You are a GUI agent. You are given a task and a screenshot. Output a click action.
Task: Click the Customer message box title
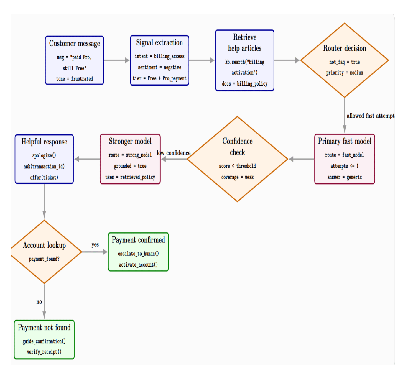[x=75, y=44]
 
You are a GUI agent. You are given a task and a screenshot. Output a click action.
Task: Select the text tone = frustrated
[x=75, y=79]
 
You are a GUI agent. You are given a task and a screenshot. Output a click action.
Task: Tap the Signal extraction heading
[x=159, y=43]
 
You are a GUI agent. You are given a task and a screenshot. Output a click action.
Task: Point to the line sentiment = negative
[x=159, y=67]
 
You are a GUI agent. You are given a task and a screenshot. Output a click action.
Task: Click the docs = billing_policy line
[x=245, y=84]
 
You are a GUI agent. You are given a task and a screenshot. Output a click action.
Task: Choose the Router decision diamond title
[x=345, y=48]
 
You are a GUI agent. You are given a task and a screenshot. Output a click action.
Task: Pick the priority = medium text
[x=345, y=73]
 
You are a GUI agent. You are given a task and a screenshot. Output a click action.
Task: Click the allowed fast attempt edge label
[x=371, y=116]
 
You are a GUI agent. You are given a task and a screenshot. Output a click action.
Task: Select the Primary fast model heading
[x=345, y=141]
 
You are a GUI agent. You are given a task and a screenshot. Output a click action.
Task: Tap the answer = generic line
[x=345, y=177]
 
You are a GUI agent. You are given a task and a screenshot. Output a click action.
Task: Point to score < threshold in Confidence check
[x=237, y=166]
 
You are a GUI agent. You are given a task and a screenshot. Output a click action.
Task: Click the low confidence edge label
[x=174, y=153]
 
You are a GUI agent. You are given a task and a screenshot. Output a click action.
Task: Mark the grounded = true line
[x=130, y=166]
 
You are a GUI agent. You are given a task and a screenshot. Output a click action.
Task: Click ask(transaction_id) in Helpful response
[x=44, y=167]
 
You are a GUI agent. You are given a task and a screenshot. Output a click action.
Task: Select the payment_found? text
[x=44, y=259]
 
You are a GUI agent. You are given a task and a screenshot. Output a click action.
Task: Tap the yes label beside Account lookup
[x=95, y=244]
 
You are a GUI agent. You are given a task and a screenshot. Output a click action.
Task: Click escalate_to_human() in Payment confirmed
[x=138, y=254]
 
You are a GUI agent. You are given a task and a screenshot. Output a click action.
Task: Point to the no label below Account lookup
[x=39, y=302]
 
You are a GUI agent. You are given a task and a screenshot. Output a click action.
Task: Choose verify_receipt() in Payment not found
[x=44, y=352]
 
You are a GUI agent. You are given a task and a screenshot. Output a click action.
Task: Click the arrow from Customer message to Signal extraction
[x=117, y=60]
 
